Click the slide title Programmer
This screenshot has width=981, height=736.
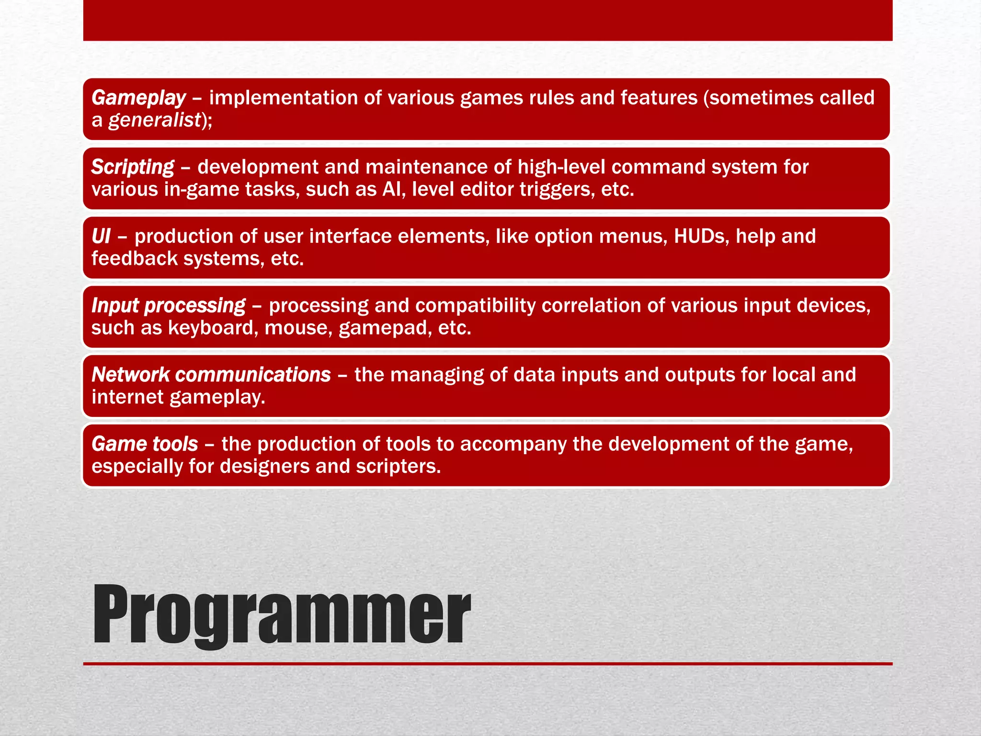point(282,614)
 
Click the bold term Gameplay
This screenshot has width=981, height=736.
point(138,98)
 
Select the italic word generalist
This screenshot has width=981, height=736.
point(154,120)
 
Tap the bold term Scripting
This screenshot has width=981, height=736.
point(133,167)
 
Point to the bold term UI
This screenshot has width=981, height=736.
point(101,236)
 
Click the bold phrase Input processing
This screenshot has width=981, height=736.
point(168,306)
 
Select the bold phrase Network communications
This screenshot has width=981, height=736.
point(211,375)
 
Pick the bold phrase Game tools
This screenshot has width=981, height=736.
point(145,444)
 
